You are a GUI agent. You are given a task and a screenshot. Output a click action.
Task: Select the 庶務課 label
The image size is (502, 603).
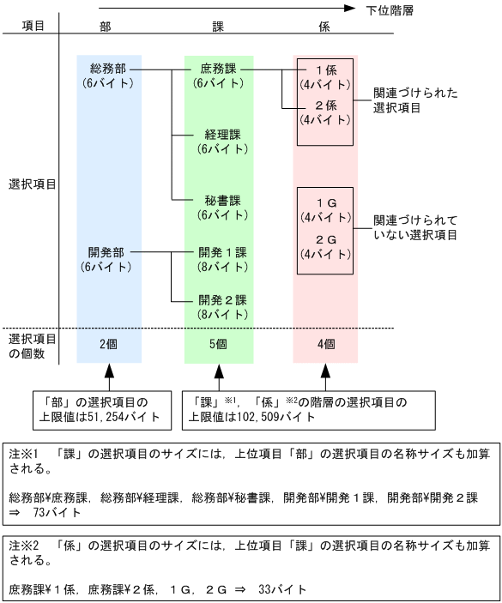click(218, 68)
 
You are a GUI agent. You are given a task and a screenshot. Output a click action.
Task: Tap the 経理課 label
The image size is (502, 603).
click(221, 135)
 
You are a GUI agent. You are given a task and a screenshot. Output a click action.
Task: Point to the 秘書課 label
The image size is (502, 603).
click(222, 201)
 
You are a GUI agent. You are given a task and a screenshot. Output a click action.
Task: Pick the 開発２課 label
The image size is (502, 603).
click(222, 300)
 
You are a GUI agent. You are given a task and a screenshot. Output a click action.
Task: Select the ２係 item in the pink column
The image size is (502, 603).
click(325, 106)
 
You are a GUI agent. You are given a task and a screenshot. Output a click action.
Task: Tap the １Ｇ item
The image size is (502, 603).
click(325, 202)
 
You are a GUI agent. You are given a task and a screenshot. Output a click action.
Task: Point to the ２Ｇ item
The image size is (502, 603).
click(325, 239)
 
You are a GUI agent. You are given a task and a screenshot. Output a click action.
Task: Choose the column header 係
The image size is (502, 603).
click(324, 27)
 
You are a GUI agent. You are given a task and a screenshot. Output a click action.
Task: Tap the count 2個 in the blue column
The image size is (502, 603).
click(108, 345)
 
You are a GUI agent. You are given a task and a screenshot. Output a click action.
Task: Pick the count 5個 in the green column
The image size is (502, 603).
click(218, 345)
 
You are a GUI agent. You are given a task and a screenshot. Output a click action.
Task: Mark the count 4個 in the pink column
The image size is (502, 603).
click(324, 345)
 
